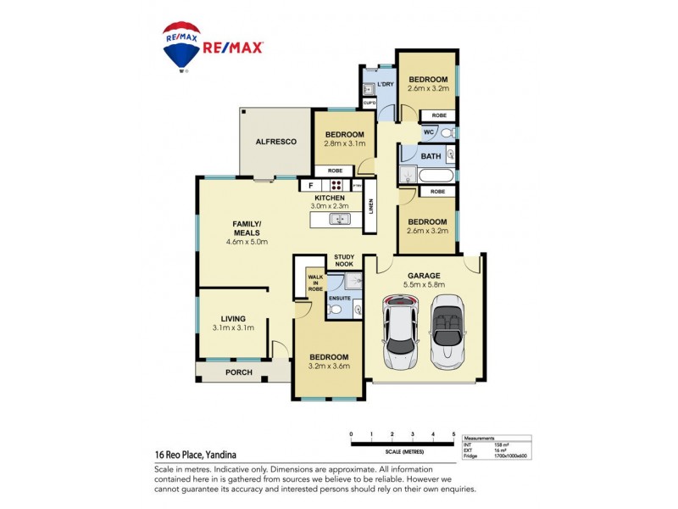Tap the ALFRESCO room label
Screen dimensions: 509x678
pyautogui.click(x=276, y=142)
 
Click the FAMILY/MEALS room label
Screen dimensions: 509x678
pyautogui.click(x=247, y=228)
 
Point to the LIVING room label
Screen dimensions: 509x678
pyautogui.click(x=234, y=318)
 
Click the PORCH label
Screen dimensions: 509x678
pyautogui.click(x=238, y=372)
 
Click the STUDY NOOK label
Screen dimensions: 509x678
pyautogui.click(x=344, y=260)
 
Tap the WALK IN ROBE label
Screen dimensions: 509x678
pyautogui.click(x=315, y=282)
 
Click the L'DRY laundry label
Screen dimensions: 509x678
pyautogui.click(x=385, y=84)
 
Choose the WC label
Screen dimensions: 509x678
pyautogui.click(x=429, y=133)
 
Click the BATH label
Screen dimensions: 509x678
pyautogui.click(x=431, y=156)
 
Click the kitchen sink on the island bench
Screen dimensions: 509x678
pyautogui.click(x=340, y=220)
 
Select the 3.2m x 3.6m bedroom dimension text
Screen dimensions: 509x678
pyautogui.click(x=328, y=367)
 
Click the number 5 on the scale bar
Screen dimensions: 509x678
pyautogui.click(x=454, y=433)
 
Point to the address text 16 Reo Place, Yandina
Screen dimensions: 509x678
pyautogui.click(x=199, y=455)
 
